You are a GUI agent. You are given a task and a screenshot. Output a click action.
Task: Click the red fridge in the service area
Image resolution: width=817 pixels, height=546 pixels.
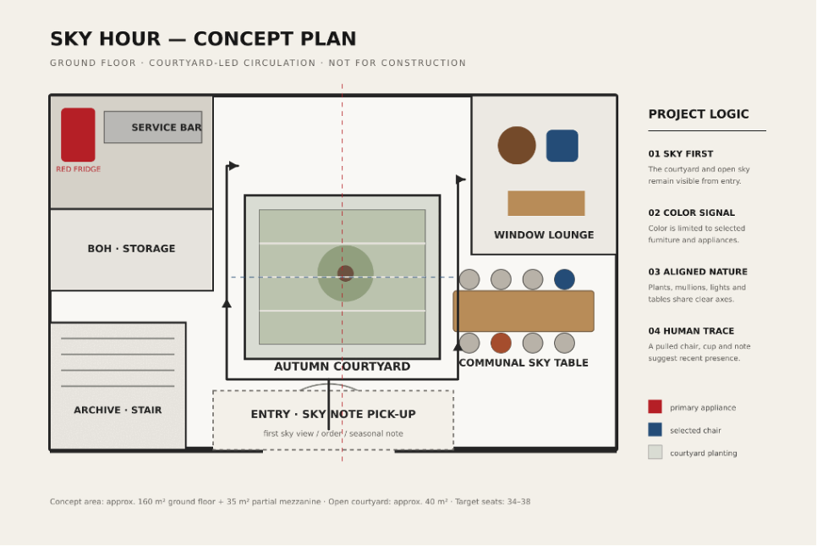(78, 135)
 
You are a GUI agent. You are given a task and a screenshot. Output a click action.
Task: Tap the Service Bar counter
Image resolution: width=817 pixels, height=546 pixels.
(153, 127)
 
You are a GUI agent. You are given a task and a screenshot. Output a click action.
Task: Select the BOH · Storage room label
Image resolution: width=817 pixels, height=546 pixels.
(131, 249)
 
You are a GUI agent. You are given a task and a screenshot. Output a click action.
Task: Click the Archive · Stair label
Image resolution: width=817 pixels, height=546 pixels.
(118, 410)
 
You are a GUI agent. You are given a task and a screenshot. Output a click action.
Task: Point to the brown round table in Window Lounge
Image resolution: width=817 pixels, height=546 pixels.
(517, 146)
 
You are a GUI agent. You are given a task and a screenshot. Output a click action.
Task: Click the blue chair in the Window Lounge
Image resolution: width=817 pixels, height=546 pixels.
(562, 146)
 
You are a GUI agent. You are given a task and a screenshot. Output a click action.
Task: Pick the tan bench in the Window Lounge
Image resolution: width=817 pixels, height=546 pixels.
(546, 203)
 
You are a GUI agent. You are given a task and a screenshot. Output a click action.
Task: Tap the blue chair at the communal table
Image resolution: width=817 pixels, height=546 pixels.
(564, 279)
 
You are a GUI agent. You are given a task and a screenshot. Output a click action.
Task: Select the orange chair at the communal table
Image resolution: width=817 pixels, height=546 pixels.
(501, 343)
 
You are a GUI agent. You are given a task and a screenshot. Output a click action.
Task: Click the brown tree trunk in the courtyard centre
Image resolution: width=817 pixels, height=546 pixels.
(345, 273)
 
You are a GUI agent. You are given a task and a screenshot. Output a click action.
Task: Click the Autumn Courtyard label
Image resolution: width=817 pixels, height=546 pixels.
(343, 367)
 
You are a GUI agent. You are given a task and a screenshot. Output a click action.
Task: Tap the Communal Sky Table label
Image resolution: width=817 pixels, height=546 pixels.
(524, 363)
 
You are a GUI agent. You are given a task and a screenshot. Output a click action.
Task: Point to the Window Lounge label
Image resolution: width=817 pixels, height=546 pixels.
(544, 235)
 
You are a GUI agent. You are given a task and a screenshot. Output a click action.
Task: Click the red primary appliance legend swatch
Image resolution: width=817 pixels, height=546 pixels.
(655, 407)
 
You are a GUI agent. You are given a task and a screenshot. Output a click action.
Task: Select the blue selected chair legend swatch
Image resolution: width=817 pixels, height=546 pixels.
(655, 430)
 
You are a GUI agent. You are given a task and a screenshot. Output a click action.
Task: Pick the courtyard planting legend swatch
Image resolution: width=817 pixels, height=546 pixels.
(655, 452)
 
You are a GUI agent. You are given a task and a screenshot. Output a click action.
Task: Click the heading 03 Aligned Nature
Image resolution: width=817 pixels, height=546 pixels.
(698, 272)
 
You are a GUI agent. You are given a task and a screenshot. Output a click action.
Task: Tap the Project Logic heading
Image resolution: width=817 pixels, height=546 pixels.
(699, 114)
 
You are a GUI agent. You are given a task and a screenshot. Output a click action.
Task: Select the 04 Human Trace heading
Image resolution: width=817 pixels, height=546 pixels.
(691, 331)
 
